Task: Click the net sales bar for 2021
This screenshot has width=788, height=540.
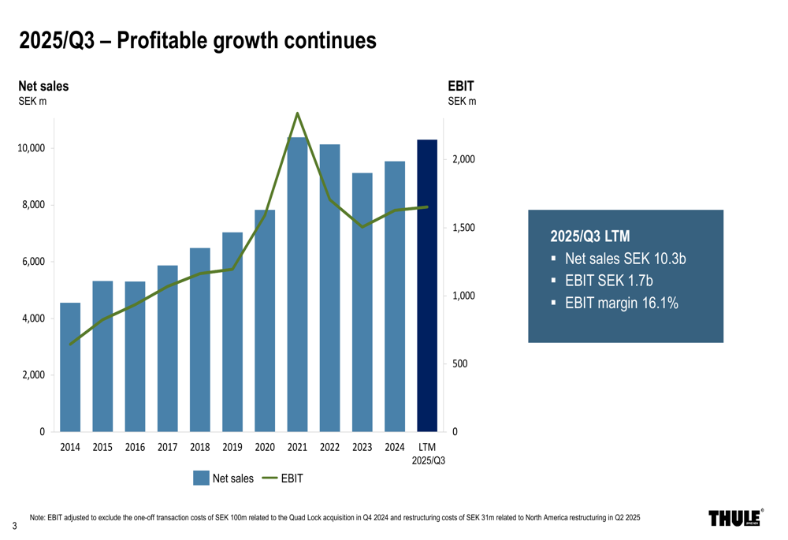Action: click(297, 284)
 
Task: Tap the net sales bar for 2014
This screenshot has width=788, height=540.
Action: click(70, 367)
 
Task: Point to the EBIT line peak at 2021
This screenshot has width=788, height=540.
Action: click(297, 114)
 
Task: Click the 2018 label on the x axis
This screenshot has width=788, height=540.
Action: click(200, 448)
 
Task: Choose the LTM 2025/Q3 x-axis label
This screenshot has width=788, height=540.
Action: click(428, 454)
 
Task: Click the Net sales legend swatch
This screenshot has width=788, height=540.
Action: click(201, 478)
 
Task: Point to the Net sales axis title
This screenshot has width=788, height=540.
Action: click(43, 86)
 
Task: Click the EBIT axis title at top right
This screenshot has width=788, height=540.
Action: click(461, 86)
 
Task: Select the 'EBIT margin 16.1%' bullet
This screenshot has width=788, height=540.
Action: click(621, 303)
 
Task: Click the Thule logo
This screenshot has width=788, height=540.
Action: click(735, 518)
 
